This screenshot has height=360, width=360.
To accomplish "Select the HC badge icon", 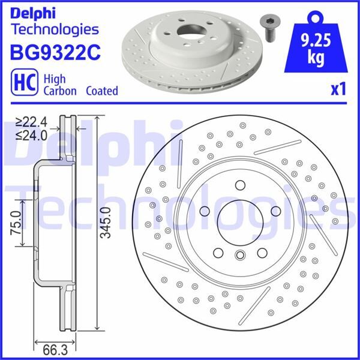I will pos(22,84).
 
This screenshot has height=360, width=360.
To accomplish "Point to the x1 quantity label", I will pos(338,89).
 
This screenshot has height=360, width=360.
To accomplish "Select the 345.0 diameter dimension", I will pos(105,223).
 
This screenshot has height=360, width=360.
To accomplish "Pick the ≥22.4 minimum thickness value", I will pos(31,122).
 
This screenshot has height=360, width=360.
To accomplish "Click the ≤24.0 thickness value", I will pos(31,135).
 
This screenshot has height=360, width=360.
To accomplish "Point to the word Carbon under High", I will pos(61,91).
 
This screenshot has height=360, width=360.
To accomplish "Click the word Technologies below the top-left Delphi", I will pos(55,29).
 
